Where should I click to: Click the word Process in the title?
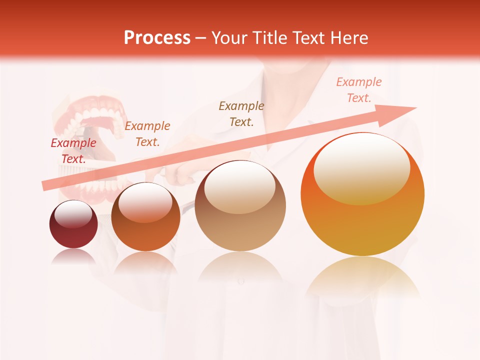click(x=157, y=38)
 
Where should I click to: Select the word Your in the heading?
click(x=228, y=38)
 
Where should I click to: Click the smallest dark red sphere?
click(x=73, y=224)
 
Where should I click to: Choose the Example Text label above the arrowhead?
click(x=359, y=90)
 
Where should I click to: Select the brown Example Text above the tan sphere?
click(x=241, y=114)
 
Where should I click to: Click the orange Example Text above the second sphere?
click(x=147, y=134)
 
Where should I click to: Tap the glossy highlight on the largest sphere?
click(x=361, y=167)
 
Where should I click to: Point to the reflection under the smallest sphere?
click(x=73, y=256)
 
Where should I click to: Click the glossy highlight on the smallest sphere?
click(x=73, y=214)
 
